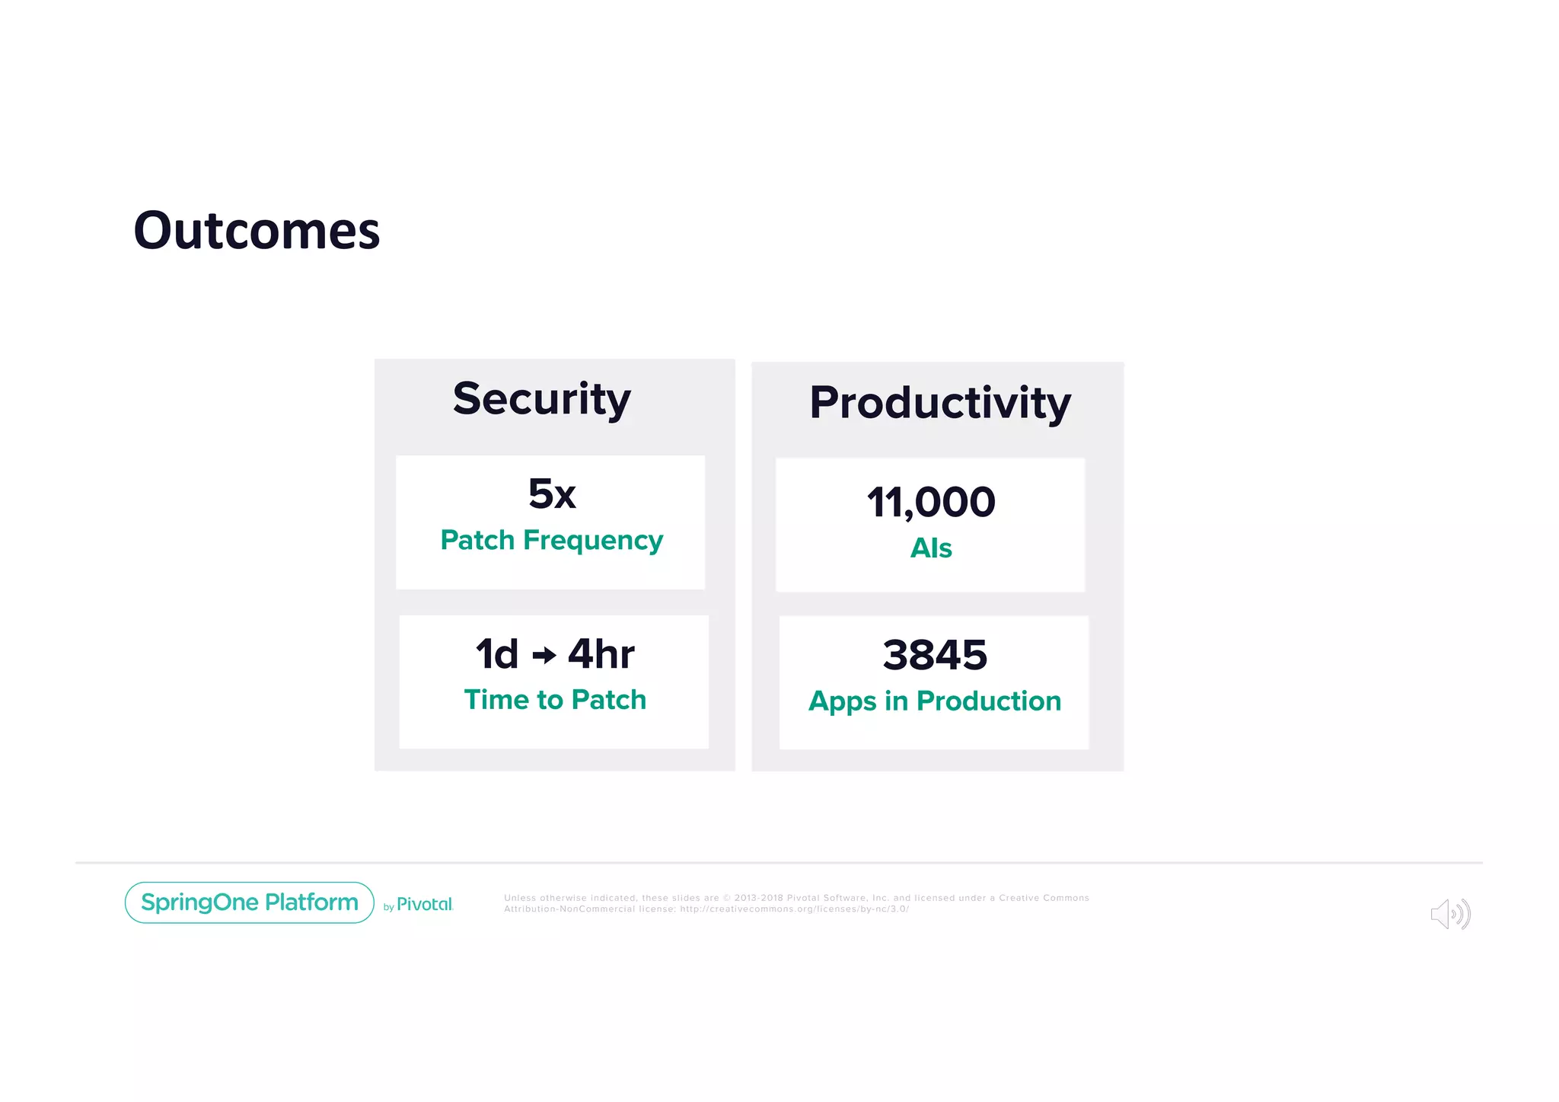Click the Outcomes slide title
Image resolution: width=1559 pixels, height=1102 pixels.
257,230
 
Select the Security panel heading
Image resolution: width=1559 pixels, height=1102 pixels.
541,398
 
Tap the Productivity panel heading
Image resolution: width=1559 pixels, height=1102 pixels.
939,402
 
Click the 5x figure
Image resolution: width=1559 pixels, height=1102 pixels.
552,494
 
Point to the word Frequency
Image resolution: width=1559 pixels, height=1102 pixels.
593,541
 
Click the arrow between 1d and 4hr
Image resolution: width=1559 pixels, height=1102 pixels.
544,655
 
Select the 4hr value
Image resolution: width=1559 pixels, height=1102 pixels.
601,654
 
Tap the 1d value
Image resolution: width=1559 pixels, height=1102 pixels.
497,654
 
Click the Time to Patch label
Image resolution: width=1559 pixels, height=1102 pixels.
555,700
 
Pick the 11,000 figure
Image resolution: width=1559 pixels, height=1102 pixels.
931,503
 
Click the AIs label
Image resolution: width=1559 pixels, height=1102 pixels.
931,548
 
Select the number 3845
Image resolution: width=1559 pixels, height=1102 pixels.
935,655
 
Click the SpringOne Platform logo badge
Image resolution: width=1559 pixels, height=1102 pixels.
250,902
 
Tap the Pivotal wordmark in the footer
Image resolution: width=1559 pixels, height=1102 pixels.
425,904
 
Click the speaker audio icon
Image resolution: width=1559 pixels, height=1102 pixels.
1450,914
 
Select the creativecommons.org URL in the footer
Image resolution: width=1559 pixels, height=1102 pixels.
794,909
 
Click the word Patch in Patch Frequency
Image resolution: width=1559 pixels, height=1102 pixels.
477,541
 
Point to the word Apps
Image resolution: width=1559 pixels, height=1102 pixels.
843,701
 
